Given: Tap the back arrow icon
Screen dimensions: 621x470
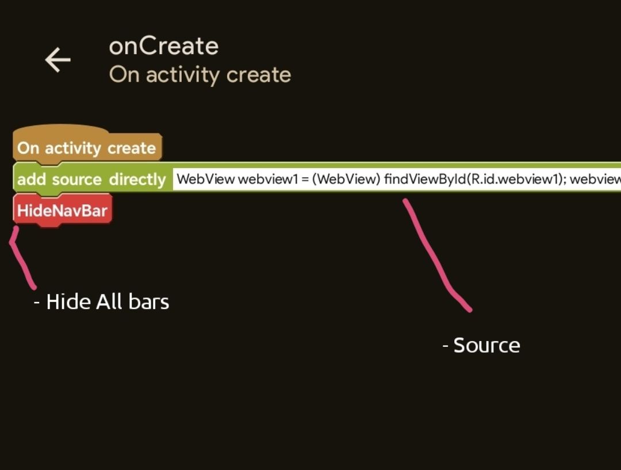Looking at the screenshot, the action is [x=58, y=60].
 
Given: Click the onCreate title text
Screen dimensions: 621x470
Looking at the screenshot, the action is [x=163, y=46].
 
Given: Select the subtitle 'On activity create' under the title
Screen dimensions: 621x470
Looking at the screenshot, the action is [x=200, y=75].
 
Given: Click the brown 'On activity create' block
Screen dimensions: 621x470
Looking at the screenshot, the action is [x=87, y=146].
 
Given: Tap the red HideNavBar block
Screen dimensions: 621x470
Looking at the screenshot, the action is [x=63, y=211].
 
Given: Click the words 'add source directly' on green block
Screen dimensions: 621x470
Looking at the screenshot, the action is [x=91, y=179].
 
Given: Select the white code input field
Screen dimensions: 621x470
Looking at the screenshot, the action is [x=397, y=179].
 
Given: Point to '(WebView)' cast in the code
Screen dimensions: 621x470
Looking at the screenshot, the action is [x=346, y=179].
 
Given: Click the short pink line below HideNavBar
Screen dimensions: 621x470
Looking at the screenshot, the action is [x=20, y=258].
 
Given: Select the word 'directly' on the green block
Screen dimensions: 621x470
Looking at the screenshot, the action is [x=137, y=179].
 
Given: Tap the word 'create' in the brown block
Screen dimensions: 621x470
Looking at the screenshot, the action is [x=132, y=148].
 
